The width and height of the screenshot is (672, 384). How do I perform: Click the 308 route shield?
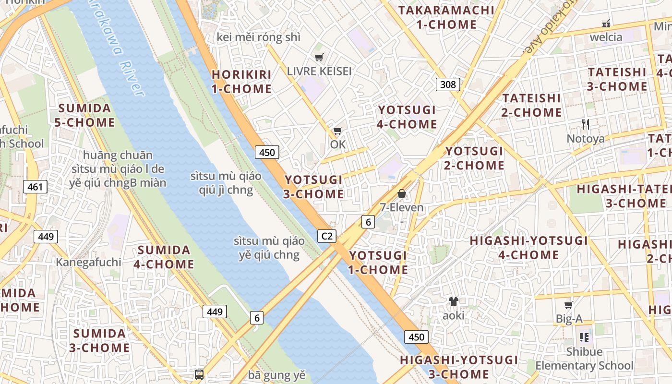[448, 84]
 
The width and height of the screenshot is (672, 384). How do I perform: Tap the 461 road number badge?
[36, 187]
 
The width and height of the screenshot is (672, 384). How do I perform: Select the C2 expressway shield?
[327, 236]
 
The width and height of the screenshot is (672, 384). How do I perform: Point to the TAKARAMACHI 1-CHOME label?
[446, 17]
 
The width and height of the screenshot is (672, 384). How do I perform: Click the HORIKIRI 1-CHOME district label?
[241, 82]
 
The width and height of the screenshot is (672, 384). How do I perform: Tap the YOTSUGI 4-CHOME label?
[407, 117]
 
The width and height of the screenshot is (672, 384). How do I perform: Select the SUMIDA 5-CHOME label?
[84, 115]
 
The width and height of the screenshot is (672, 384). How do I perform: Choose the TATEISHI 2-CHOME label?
[531, 105]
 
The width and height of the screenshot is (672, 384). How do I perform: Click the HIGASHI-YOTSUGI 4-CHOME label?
[528, 248]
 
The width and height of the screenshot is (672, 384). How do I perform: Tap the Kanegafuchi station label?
[88, 262]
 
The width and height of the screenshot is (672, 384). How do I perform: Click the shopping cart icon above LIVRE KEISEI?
[319, 58]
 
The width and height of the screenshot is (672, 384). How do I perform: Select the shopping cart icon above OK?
[338, 131]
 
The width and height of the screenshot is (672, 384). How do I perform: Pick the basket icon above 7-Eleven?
[402, 193]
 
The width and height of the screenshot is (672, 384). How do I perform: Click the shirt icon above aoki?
[453, 301]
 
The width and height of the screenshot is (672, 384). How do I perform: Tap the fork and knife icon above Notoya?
[585, 124]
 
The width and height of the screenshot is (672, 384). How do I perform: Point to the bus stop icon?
[199, 374]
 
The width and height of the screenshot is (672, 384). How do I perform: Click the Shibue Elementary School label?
[584, 359]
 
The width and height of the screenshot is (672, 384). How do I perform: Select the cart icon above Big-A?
[569, 305]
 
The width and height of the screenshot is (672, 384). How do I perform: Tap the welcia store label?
[606, 37]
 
